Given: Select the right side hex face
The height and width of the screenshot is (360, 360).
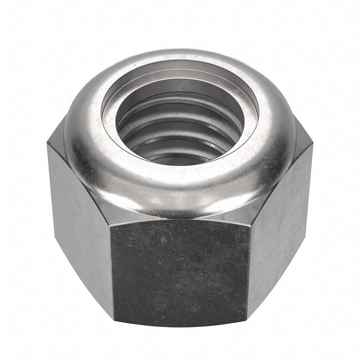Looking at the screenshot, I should pyautogui.click(x=281, y=223).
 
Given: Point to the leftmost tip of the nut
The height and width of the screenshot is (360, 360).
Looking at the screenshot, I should pyautogui.click(x=47, y=144).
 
